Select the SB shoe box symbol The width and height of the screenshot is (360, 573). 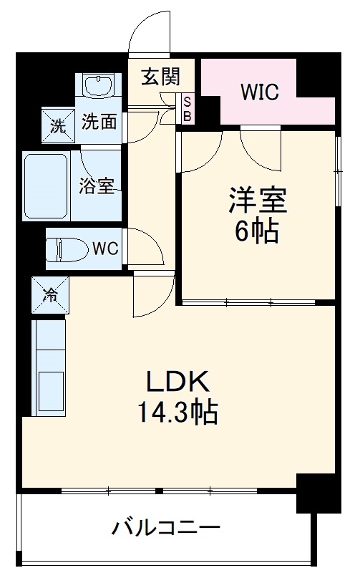coord(188,109)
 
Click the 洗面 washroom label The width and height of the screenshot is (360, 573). coord(99,122)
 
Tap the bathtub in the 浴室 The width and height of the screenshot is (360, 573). coord(46,186)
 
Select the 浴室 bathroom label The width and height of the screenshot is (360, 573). coord(96,186)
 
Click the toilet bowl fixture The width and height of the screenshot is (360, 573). coord(62,250)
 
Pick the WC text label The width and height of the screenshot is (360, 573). coord(104,249)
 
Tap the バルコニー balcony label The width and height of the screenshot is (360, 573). coord(165,530)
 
